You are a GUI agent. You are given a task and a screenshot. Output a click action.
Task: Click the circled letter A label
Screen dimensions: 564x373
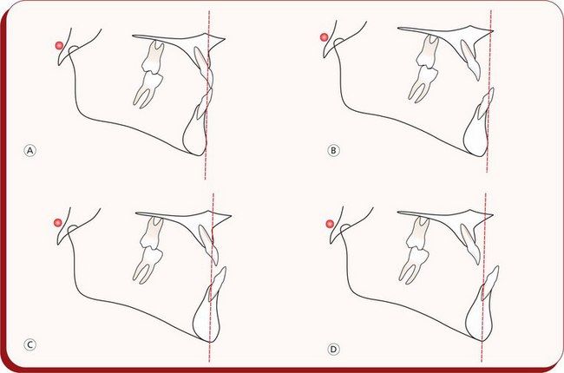30,150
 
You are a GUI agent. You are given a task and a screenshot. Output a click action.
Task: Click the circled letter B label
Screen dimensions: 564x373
333,150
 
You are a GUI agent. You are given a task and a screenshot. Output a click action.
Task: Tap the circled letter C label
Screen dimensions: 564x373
30,344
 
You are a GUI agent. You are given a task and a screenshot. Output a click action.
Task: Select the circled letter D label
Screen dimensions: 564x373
333,349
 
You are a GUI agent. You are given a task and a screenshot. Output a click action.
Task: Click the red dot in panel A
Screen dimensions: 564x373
59,46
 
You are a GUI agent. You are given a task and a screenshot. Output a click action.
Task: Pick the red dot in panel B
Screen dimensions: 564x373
325,37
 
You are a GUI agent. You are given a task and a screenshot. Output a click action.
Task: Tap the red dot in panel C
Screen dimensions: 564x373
57,223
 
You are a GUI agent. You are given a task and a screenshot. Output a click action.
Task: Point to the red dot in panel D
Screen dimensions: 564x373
330,224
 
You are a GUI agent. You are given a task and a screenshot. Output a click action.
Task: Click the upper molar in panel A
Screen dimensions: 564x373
153,57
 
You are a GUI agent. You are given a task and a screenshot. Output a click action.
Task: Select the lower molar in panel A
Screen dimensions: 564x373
148,89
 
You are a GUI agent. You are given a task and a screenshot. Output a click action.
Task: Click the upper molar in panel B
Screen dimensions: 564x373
427,51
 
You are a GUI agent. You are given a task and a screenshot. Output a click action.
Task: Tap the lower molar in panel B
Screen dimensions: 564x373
423,83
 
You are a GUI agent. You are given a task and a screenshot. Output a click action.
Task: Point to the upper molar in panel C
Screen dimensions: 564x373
153,234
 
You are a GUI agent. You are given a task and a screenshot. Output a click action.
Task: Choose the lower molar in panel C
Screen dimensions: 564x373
148,265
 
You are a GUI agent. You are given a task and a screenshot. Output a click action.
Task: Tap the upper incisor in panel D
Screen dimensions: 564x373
470,245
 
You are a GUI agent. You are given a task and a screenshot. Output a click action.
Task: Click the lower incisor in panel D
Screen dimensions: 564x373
490,283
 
